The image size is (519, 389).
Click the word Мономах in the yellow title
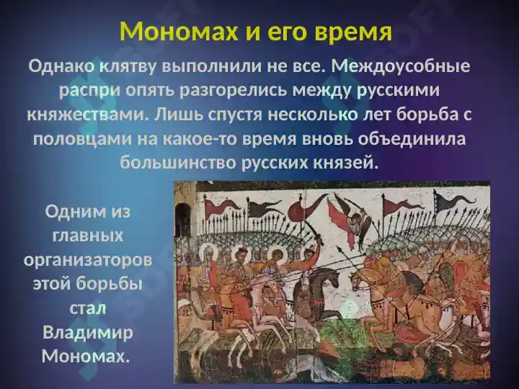pyautogui.click(x=179, y=32)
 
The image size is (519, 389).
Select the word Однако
pyautogui.click(x=61, y=66)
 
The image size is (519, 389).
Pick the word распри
pyautogui.click(x=89, y=91)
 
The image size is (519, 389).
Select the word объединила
pyautogui.click(x=412, y=138)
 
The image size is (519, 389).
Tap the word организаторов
pyautogui.click(x=88, y=261)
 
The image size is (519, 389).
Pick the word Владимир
pyautogui.click(x=88, y=332)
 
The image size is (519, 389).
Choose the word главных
pyautogui.click(x=88, y=236)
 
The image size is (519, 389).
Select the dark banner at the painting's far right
pyautogui.click(x=454, y=200)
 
